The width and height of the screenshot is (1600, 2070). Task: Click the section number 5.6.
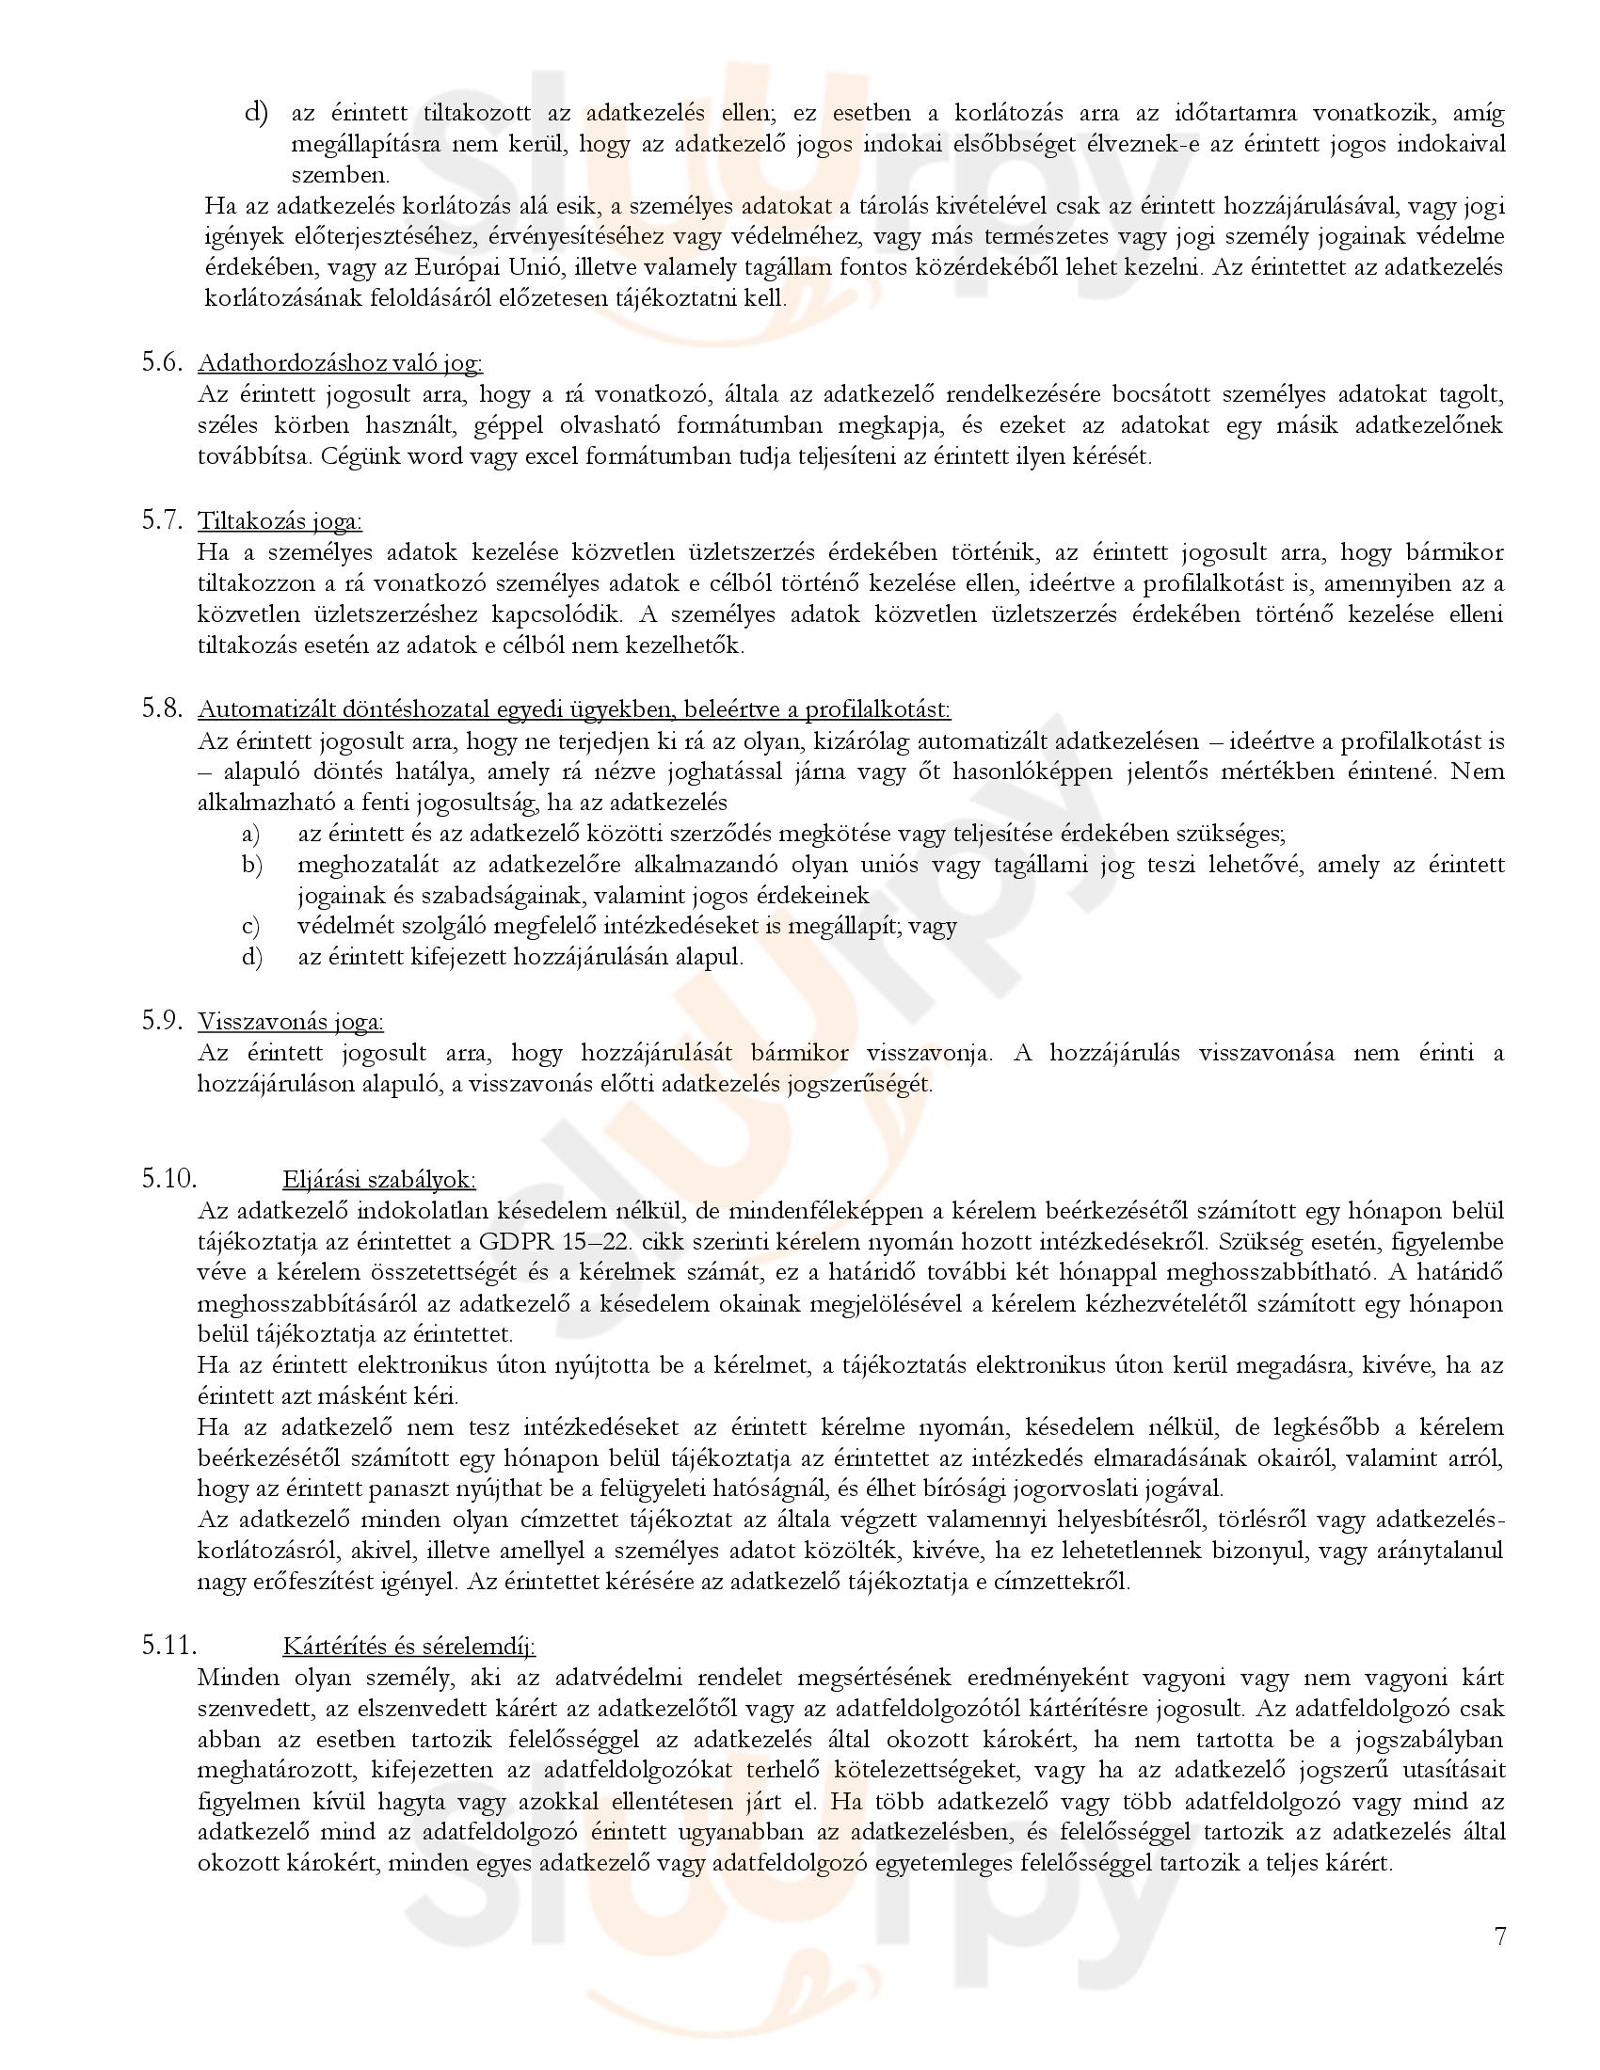[161, 363]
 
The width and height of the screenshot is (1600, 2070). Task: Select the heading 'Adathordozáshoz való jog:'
[340, 364]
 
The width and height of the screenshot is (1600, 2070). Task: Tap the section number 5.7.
[161, 520]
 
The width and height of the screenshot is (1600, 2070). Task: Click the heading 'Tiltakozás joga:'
[280, 521]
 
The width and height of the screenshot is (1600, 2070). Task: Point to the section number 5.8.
[161, 708]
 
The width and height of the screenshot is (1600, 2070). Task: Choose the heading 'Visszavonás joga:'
[290, 1022]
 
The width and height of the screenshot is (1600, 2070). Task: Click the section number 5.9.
[161, 1021]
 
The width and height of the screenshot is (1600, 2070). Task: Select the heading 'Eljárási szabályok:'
[379, 1180]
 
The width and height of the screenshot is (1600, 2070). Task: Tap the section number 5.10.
[169, 1179]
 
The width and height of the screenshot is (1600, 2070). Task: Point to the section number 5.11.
[169, 1647]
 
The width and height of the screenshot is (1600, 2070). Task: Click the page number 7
[1499, 1936]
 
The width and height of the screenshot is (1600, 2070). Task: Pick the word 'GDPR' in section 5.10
[510, 1243]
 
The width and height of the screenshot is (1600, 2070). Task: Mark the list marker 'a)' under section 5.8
[250, 835]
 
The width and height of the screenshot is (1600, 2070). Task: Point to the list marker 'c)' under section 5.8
[250, 926]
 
